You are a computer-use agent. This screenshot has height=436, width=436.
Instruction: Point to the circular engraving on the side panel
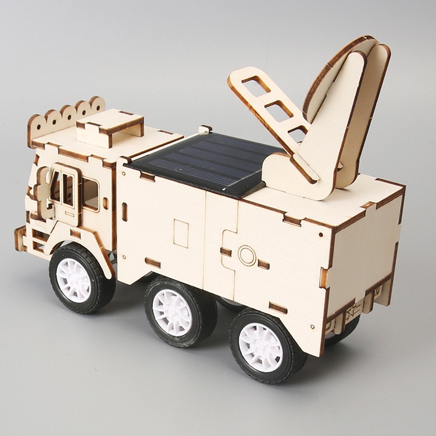246,255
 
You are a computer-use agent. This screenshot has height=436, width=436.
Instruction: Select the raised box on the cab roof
110,128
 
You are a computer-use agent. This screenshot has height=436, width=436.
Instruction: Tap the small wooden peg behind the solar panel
205,129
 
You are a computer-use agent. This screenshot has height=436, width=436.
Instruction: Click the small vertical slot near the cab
124,212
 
